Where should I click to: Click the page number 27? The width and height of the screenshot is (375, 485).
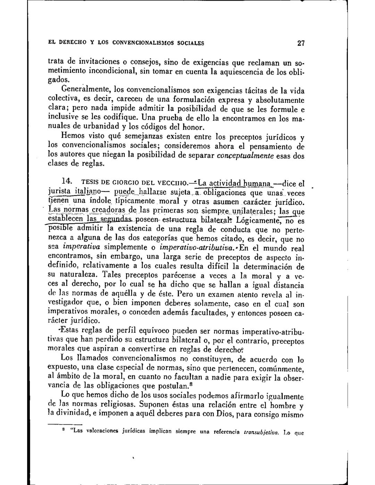point(301,44)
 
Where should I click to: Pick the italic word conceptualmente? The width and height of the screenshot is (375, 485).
point(245,156)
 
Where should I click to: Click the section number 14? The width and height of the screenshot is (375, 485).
point(67,181)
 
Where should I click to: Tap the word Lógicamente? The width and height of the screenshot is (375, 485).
point(257,220)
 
